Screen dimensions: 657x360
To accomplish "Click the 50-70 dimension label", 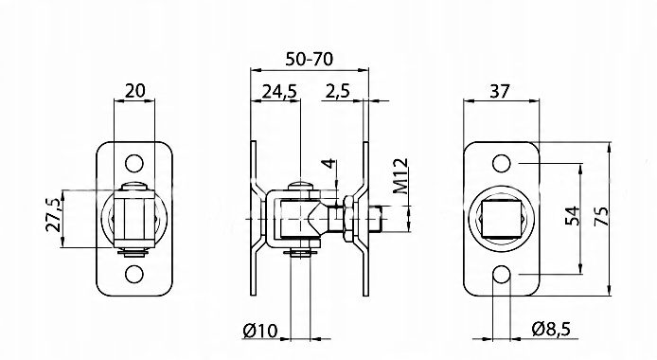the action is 310,59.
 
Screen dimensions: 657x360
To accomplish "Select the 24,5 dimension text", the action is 279,91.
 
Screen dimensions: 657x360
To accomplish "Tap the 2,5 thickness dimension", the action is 337,91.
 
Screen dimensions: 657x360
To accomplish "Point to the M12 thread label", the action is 400,176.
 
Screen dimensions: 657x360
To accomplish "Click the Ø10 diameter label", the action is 259,331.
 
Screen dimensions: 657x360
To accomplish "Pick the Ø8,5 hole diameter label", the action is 551,329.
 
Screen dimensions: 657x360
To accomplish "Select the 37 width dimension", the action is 500,91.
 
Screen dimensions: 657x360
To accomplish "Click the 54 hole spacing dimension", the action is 573,216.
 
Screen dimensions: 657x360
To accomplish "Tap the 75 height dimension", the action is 601,216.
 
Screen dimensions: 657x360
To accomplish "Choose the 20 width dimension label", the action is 135,90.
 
